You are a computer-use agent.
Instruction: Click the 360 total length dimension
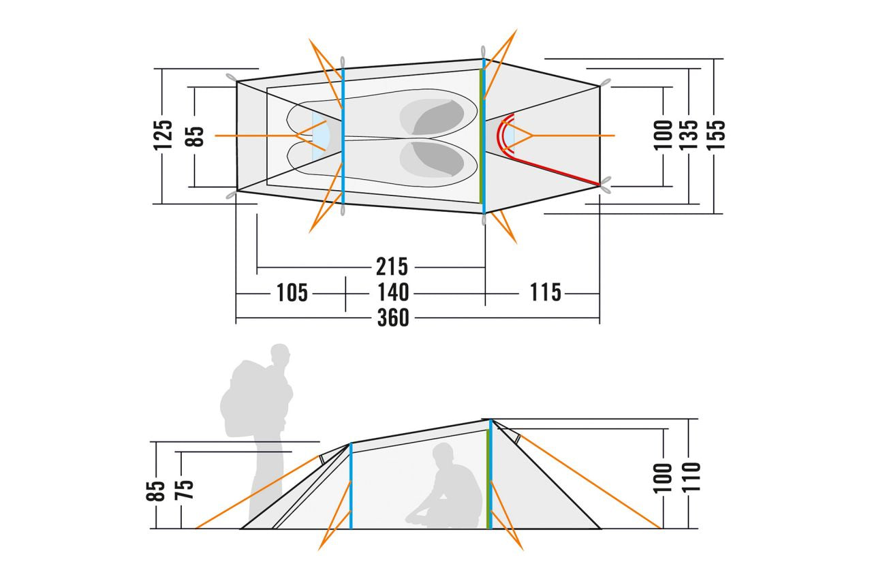coord(393,317)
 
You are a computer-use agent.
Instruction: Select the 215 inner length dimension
coord(392,266)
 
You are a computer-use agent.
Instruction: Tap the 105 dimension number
coord(292,293)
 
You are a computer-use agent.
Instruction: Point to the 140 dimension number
coord(393,292)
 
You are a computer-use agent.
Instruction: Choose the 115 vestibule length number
coord(546,292)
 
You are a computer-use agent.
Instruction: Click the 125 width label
coord(163,135)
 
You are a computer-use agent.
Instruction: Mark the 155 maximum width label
coord(716,135)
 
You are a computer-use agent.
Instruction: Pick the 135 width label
coord(688,135)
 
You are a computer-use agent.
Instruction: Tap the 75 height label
coord(184,490)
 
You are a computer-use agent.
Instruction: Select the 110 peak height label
coord(691,477)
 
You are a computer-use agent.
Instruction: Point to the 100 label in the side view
coord(663,478)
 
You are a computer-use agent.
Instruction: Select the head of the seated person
coord(443,454)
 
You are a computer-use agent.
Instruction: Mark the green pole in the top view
coord(481,136)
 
